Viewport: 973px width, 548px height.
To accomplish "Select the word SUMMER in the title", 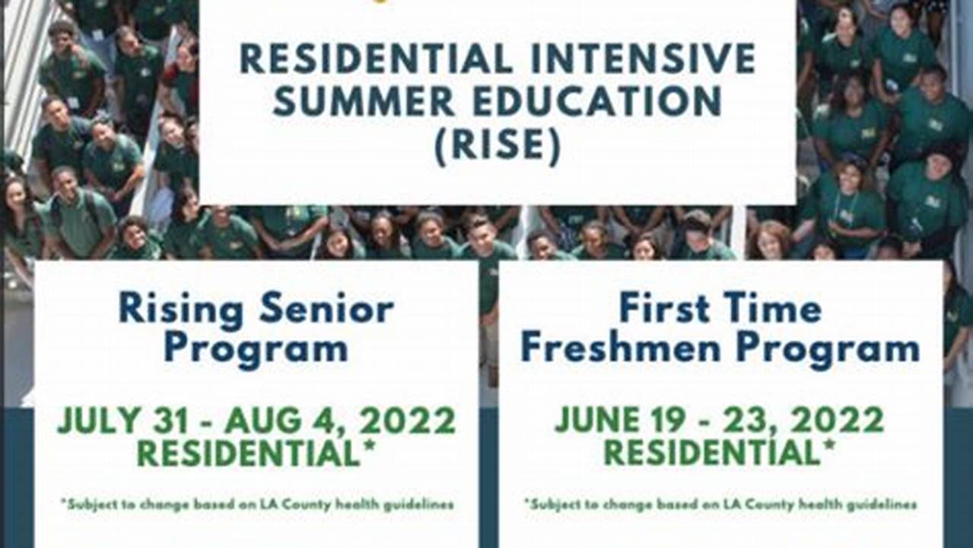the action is [x=364, y=100].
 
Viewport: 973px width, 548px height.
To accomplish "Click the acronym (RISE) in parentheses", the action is [x=498, y=145].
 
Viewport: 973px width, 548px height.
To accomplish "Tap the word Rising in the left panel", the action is [x=181, y=311].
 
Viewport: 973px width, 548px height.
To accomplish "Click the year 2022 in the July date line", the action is [x=406, y=420].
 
